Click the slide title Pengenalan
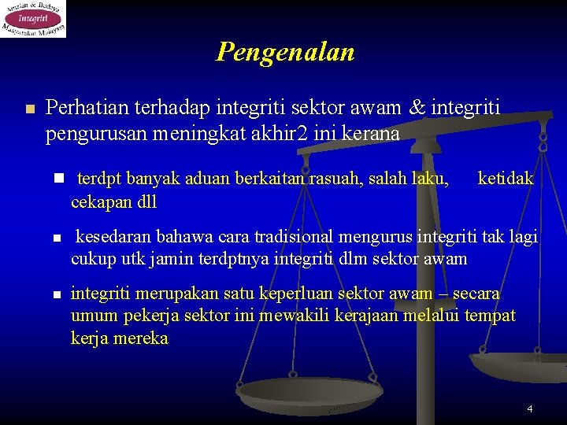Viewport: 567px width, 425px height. [x=285, y=52]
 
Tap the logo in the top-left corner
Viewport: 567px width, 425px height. [x=32, y=18]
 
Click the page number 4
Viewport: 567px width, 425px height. [x=530, y=408]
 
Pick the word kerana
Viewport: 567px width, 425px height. [x=374, y=135]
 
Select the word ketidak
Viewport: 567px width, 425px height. [x=506, y=179]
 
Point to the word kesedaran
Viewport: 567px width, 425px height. [x=113, y=236]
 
